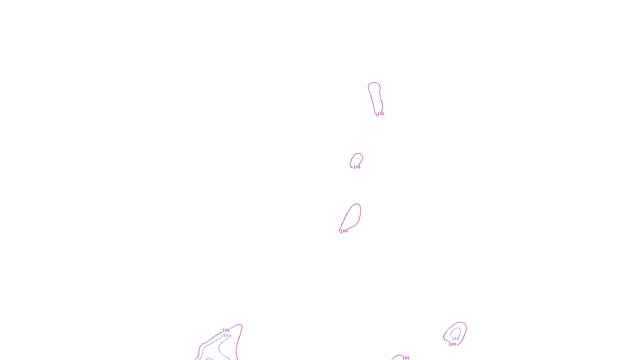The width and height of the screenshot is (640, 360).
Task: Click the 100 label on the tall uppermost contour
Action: (381, 114)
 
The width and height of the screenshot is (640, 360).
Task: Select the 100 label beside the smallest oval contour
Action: (357, 167)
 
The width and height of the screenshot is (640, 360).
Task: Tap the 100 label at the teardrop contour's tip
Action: (344, 231)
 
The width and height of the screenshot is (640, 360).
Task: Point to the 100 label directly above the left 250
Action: (226, 330)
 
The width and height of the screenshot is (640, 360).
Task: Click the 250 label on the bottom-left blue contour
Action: (225, 336)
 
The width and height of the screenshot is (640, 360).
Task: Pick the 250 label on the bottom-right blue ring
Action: (456, 339)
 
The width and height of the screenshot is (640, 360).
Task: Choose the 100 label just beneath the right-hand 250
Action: (452, 344)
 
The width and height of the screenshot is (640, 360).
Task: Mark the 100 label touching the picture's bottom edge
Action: (406, 358)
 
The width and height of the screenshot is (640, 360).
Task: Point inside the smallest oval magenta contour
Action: (356, 160)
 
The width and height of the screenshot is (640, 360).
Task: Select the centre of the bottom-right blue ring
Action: (456, 333)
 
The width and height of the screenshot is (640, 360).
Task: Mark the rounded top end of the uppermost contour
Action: (374, 83)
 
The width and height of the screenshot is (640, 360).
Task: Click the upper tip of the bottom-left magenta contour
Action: (241, 325)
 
